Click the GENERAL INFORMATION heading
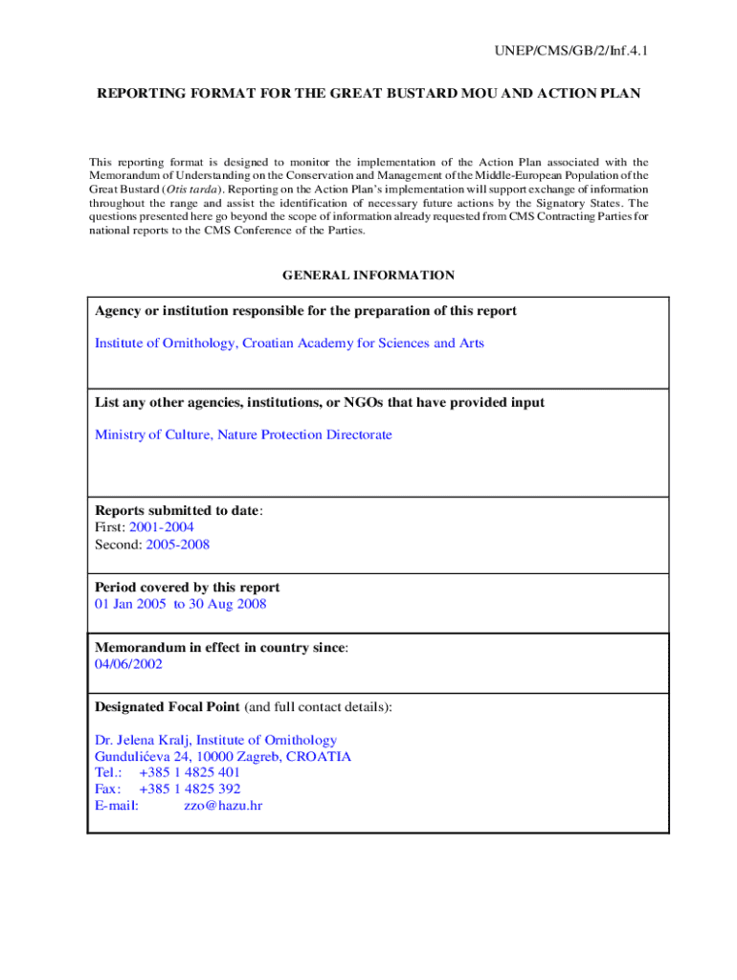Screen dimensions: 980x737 tap(368, 276)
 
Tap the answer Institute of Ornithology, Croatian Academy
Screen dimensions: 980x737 tap(289, 343)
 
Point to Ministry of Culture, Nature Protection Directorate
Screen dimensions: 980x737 tap(243, 434)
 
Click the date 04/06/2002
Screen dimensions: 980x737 tap(128, 664)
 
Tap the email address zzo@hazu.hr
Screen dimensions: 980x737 tap(223, 806)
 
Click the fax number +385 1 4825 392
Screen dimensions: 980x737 tap(190, 790)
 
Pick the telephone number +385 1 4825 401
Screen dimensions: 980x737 tap(190, 772)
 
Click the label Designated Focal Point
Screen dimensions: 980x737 tap(167, 707)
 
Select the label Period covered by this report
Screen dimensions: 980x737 tap(188, 587)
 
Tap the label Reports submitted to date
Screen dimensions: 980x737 tap(176, 510)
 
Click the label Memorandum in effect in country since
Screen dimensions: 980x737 tap(219, 648)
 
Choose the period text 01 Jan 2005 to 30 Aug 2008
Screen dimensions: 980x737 tap(180, 604)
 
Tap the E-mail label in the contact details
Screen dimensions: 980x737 tap(117, 806)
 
